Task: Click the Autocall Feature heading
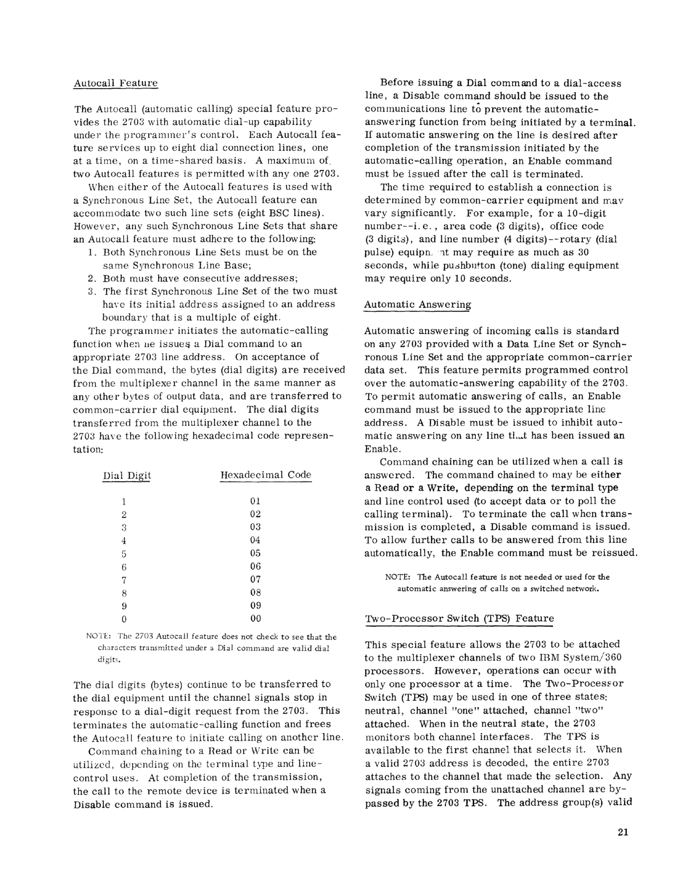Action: tap(115, 83)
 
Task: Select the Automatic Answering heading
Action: tap(417, 304)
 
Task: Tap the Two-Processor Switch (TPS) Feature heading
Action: tap(459, 618)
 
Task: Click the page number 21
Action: tap(623, 832)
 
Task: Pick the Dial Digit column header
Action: tap(127, 475)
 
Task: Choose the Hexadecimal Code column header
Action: tap(266, 475)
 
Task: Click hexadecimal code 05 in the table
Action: tap(255, 553)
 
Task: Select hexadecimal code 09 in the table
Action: tap(255, 606)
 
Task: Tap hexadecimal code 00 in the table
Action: tap(255, 619)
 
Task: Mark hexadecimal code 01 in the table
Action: tap(255, 501)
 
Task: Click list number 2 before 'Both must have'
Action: tap(91, 278)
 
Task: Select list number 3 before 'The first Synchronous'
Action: tap(91, 291)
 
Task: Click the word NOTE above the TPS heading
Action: tap(398, 577)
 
